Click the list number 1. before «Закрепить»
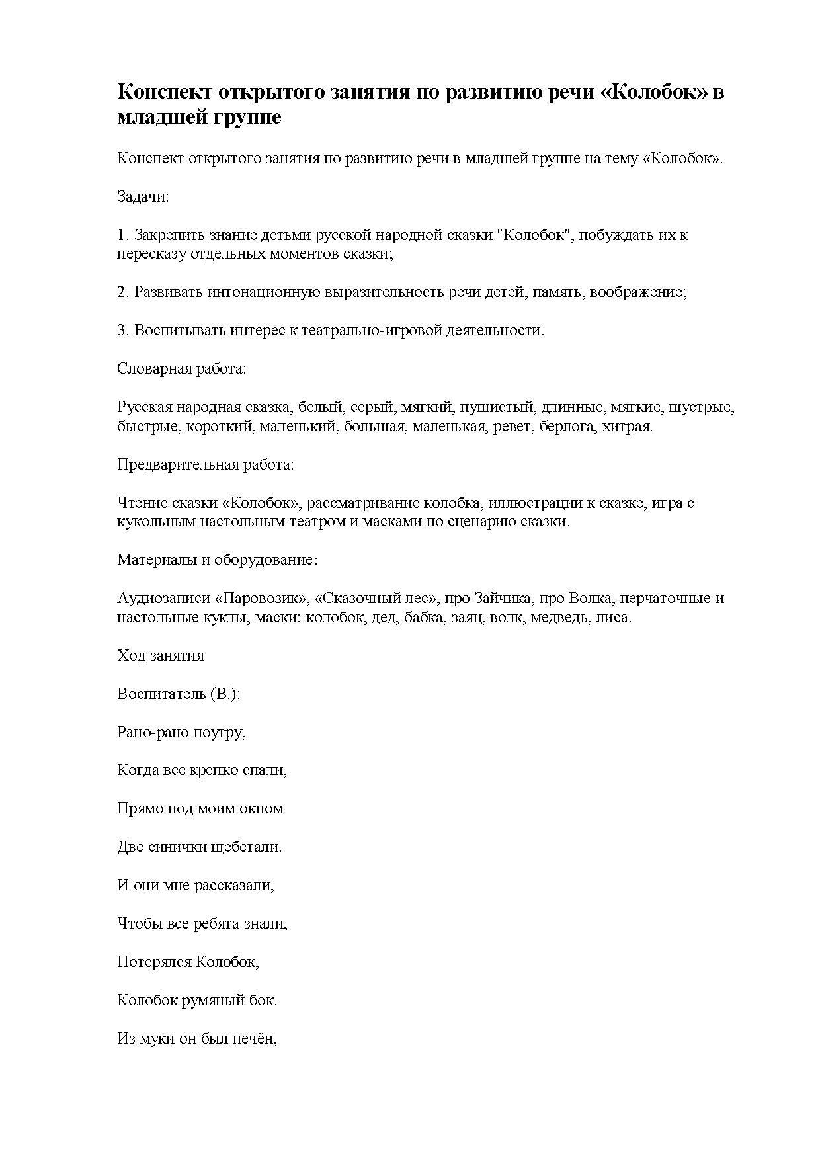(x=123, y=235)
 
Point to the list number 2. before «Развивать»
(x=123, y=292)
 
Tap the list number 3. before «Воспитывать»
(x=123, y=330)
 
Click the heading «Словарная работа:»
(x=181, y=368)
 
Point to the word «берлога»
(x=567, y=426)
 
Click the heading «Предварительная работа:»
(x=205, y=464)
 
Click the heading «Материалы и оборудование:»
(x=218, y=559)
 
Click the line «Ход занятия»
(x=161, y=655)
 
